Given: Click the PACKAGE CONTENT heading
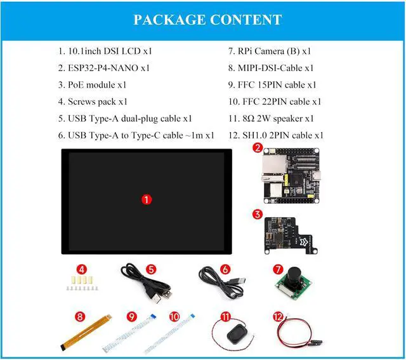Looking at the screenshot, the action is pos(207,20).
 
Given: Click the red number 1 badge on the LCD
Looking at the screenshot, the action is pos(147,199).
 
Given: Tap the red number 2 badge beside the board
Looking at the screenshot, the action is pos(257,148).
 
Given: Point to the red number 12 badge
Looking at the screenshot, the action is pos(277,316).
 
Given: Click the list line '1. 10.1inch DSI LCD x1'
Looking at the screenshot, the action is pos(105,51).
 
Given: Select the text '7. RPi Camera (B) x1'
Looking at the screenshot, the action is pos(270,51).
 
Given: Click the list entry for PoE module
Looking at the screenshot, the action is pos(93,84).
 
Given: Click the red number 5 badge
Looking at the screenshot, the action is pos(151,269).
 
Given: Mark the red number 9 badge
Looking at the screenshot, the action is pos(132,316).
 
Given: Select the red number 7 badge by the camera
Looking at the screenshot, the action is pos(277,269).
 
